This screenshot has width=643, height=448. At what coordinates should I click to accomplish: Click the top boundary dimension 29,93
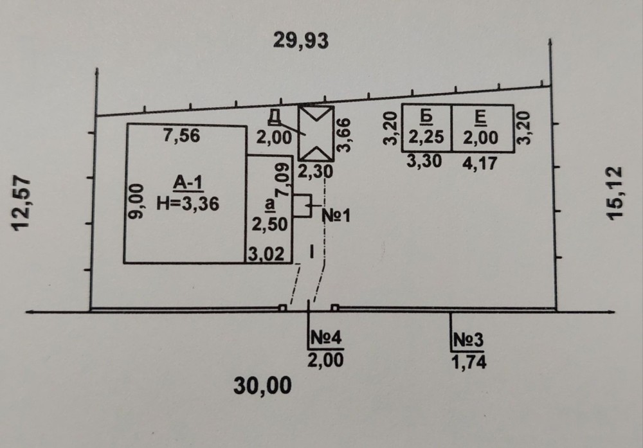click(x=301, y=41)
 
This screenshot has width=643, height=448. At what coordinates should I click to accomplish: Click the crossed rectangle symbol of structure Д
click(x=316, y=133)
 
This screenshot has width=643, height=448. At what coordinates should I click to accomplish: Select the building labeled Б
click(x=426, y=129)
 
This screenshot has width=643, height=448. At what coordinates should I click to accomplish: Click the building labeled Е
click(x=481, y=129)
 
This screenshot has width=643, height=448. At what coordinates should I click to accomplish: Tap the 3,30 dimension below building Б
click(x=424, y=162)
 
